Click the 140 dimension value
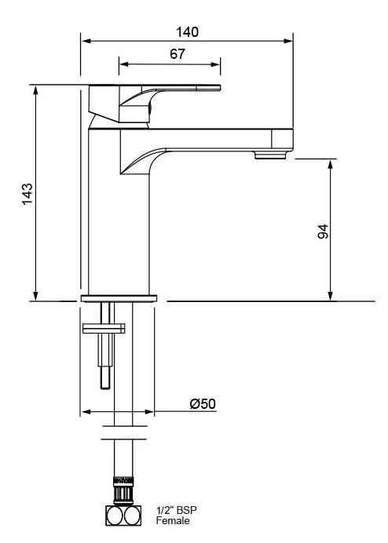point(187,31)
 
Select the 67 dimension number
point(177,54)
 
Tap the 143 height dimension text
point(27,193)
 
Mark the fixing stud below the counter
point(104,357)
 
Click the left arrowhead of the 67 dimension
point(123,64)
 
